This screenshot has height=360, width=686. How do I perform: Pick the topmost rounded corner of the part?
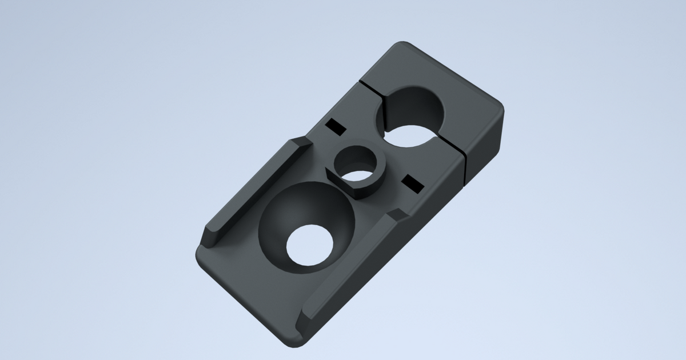[402, 45]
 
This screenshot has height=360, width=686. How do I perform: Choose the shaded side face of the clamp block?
[486, 143]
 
